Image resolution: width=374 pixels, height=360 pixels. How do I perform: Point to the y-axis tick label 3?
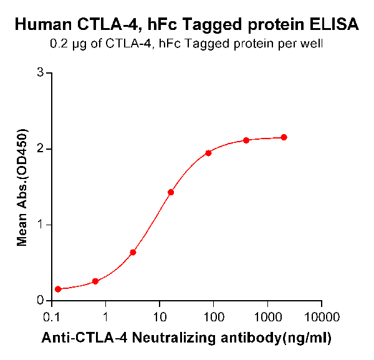point(40,73)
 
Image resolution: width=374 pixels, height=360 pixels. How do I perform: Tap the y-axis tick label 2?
point(40,149)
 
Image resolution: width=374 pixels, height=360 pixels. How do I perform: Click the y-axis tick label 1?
point(40,225)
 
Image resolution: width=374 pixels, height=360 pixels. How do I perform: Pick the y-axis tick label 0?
point(40,301)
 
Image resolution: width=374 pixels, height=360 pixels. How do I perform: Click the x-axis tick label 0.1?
point(51,317)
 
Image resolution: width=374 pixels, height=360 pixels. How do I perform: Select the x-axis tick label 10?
point(160,317)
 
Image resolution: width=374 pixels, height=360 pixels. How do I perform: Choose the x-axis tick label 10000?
point(322,317)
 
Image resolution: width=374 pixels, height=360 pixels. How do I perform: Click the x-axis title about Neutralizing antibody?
point(186,338)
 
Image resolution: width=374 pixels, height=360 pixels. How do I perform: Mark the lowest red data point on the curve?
point(58,289)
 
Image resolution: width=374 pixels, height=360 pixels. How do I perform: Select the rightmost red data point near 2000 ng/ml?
point(284,137)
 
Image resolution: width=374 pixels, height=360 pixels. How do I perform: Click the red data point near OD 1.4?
point(171,192)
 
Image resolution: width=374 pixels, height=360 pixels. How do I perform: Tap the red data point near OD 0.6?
point(133,252)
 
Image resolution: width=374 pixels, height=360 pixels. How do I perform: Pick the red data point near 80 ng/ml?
point(208,153)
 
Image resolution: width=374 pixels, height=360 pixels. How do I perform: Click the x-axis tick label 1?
point(106,317)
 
